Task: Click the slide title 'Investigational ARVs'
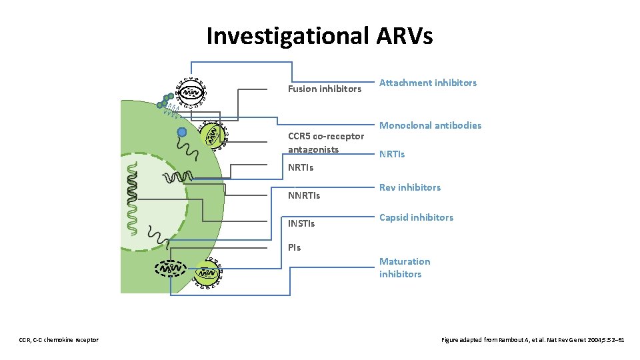pos(319,35)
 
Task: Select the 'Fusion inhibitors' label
pos(324,89)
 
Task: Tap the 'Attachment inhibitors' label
pos(428,83)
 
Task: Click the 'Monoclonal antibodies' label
pos(430,125)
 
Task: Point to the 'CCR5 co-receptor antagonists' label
pos(325,143)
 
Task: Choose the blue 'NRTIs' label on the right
pos(392,154)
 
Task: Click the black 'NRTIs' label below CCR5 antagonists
pos(300,167)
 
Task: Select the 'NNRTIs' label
pos(303,196)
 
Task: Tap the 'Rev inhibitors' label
pos(410,187)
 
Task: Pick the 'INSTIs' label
pos(301,223)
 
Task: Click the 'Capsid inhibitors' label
pos(416,217)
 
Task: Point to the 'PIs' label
pos(294,247)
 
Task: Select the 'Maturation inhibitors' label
pos(405,267)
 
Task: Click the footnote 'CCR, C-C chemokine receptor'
pos(59,340)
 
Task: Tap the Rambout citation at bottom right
pos(533,340)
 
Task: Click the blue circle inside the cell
pos(182,132)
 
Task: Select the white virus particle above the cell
pos(192,93)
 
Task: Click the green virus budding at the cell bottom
pos(207,271)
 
